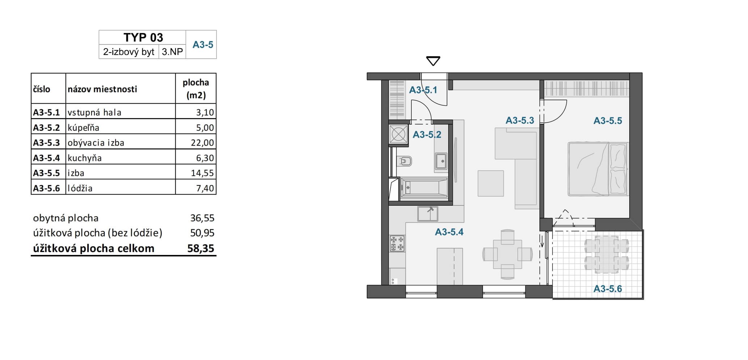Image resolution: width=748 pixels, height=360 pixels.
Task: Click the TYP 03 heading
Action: [143, 37]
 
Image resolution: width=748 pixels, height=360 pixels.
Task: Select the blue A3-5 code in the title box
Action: [203, 45]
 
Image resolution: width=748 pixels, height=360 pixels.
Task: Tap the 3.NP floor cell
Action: [172, 52]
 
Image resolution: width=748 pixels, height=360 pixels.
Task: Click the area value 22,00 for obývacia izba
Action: [202, 143]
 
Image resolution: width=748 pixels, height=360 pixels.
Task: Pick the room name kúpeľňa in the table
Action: [83, 127]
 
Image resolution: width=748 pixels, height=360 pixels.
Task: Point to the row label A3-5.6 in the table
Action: [46, 188]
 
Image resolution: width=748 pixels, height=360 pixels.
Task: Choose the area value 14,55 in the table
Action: [202, 173]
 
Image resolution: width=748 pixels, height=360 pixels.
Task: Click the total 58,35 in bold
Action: [201, 248]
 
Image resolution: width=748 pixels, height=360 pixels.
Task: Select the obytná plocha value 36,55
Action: [202, 218]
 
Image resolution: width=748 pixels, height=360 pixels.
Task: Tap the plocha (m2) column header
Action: [196, 89]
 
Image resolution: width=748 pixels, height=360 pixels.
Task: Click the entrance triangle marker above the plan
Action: [433, 61]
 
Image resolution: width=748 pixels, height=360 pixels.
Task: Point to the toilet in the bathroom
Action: [404, 161]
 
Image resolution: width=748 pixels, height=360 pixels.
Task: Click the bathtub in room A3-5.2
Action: [424, 188]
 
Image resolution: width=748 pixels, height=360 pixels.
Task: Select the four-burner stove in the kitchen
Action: [397, 243]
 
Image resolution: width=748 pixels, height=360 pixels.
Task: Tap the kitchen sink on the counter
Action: [428, 214]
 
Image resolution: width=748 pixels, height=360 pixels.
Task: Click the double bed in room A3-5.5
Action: [598, 169]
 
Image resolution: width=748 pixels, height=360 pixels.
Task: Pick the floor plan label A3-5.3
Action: [520, 121]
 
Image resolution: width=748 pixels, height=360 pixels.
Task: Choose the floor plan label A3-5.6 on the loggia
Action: [608, 289]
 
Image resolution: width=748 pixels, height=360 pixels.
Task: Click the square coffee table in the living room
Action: [491, 184]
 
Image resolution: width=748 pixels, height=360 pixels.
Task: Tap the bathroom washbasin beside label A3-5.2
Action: [441, 161]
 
